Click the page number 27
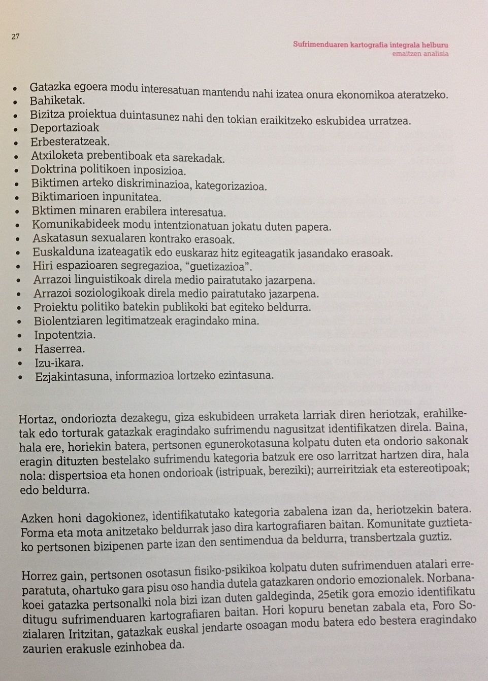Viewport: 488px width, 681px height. [x=15, y=37]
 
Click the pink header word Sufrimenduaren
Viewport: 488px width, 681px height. [x=319, y=45]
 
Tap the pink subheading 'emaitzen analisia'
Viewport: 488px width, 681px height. [x=420, y=53]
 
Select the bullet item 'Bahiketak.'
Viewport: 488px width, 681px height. [x=57, y=100]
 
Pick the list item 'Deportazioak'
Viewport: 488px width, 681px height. [x=64, y=128]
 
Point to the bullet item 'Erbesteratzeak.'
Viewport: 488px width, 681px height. [x=70, y=142]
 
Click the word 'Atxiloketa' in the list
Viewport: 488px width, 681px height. [x=56, y=156]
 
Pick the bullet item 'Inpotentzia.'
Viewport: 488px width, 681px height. [x=64, y=335]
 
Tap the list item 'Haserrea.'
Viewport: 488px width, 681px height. [x=59, y=349]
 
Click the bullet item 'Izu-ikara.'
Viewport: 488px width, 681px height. [x=59, y=363]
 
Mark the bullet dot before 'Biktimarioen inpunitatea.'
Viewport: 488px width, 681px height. [x=19, y=198]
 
